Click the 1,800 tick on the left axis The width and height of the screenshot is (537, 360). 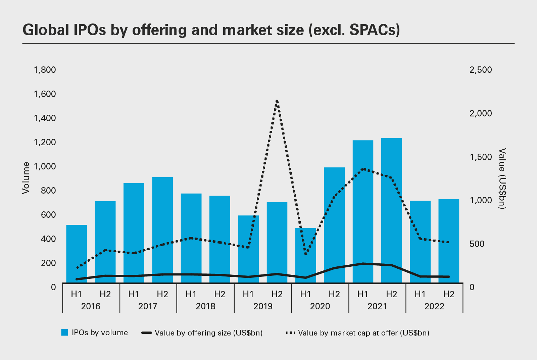45,70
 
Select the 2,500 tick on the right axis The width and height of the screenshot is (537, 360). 481,70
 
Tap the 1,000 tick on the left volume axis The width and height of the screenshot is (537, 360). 45,166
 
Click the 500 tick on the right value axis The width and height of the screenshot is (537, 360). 477,244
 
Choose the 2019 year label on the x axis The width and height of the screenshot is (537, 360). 263,306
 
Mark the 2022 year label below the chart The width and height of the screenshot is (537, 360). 434,306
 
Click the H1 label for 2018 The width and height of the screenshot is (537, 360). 191,294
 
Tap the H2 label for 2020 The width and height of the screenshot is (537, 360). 334,294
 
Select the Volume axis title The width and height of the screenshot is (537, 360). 26,178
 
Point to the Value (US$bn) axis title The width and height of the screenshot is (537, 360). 502,178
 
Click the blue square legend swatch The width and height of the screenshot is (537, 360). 65,332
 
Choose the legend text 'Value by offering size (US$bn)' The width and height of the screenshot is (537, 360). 208,333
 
